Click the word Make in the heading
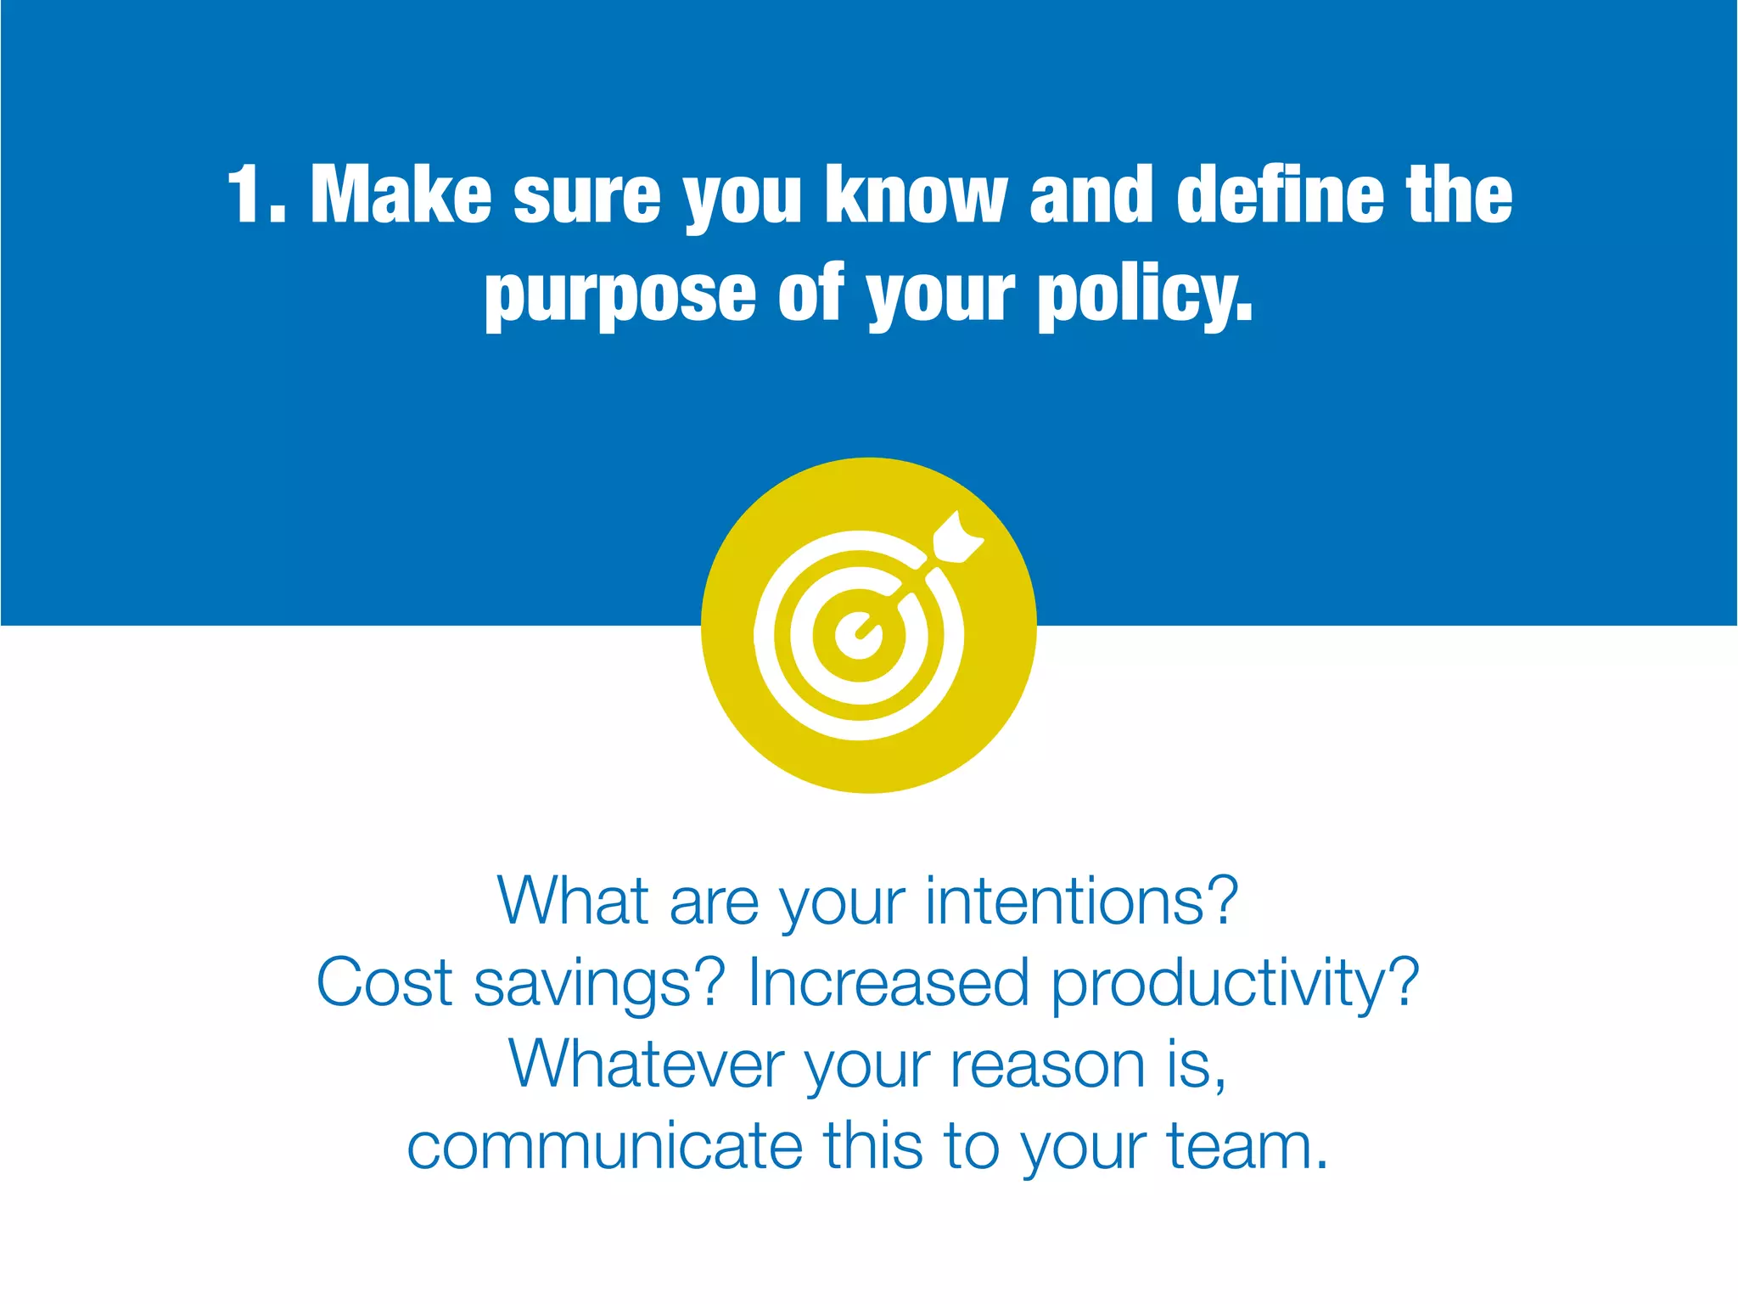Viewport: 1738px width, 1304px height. click(401, 196)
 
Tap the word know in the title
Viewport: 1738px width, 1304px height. click(916, 196)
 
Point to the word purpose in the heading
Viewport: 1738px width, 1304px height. click(620, 296)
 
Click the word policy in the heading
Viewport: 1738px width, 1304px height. click(1142, 296)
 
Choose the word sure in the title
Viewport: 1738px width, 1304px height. click(586, 198)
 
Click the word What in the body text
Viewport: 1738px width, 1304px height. click(573, 902)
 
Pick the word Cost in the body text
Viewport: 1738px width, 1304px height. click(384, 983)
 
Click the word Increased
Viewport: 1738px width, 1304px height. click(888, 983)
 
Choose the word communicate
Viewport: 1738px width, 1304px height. click(604, 1146)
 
